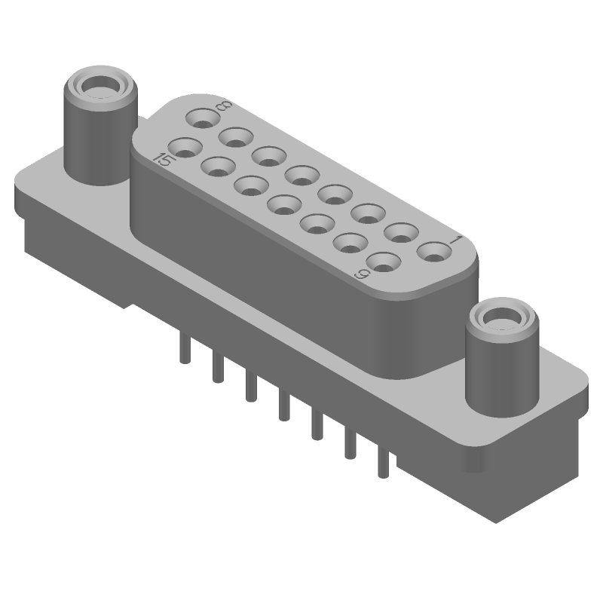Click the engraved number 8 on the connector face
tap(222, 108)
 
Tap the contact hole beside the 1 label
tap(433, 252)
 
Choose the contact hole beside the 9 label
tap(383, 263)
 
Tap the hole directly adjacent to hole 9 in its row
tap(349, 243)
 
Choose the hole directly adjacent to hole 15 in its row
tap(219, 167)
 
